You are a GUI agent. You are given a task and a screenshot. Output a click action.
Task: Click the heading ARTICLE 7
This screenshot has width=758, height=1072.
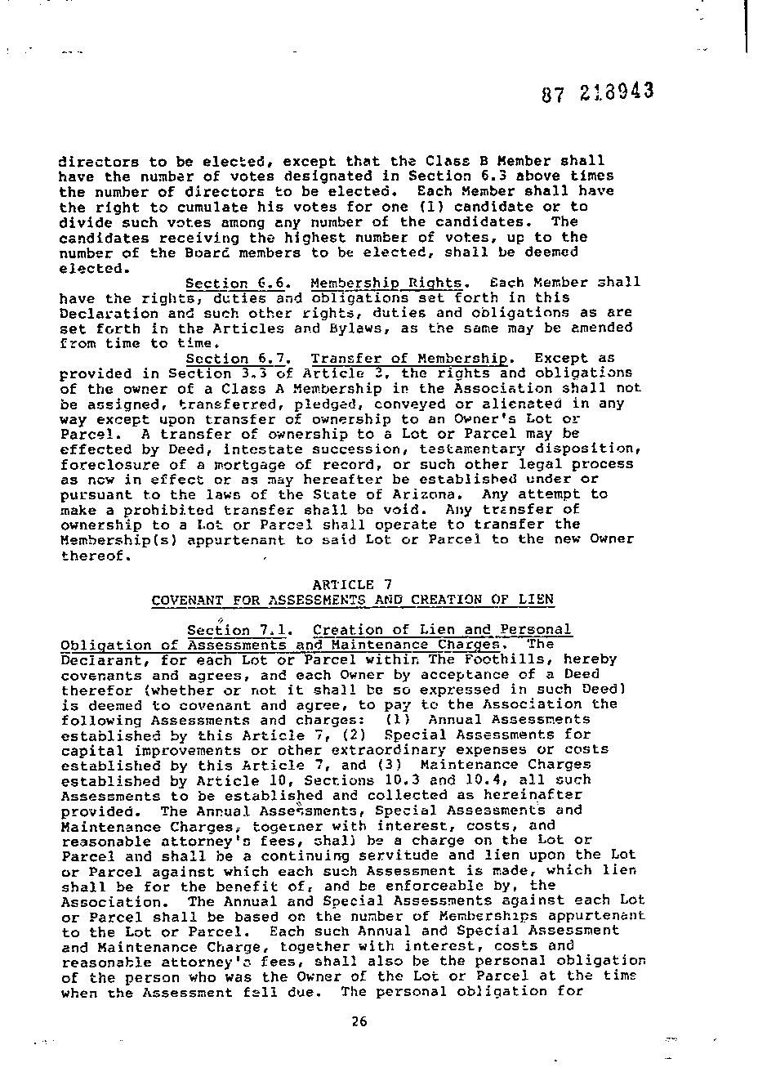click(x=352, y=584)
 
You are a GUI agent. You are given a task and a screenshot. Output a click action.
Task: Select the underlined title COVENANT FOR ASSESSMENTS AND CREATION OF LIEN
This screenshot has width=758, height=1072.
click(x=352, y=600)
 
